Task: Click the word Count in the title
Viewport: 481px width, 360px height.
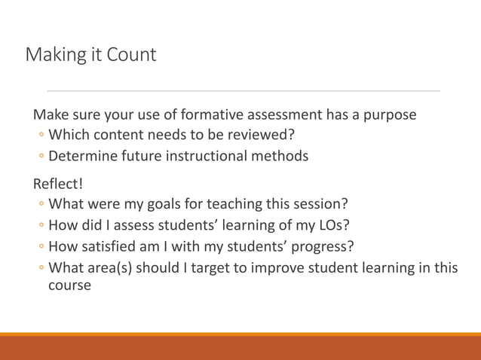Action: (132, 55)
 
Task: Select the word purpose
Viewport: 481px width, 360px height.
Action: (389, 115)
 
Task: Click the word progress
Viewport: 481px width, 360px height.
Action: (326, 247)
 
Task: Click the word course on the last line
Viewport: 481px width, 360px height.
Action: (69, 286)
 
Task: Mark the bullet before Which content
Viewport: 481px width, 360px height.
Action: (41, 136)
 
